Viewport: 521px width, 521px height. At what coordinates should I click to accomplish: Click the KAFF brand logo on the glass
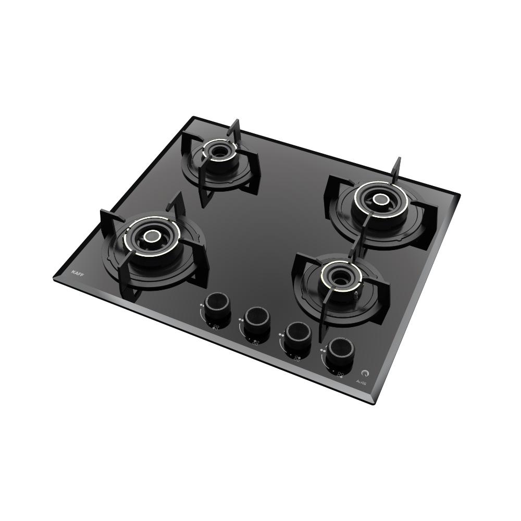[x=77, y=273]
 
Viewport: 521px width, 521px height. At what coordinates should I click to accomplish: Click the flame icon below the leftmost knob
[x=216, y=327]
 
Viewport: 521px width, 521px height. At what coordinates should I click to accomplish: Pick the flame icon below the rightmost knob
[x=340, y=373]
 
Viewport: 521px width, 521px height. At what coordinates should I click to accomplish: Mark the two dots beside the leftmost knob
[x=202, y=306]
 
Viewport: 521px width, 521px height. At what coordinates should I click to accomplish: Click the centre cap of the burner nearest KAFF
[x=152, y=237]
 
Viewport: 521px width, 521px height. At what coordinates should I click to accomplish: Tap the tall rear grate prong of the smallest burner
[x=236, y=128]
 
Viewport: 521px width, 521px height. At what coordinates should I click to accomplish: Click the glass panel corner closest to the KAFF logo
[x=54, y=278]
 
